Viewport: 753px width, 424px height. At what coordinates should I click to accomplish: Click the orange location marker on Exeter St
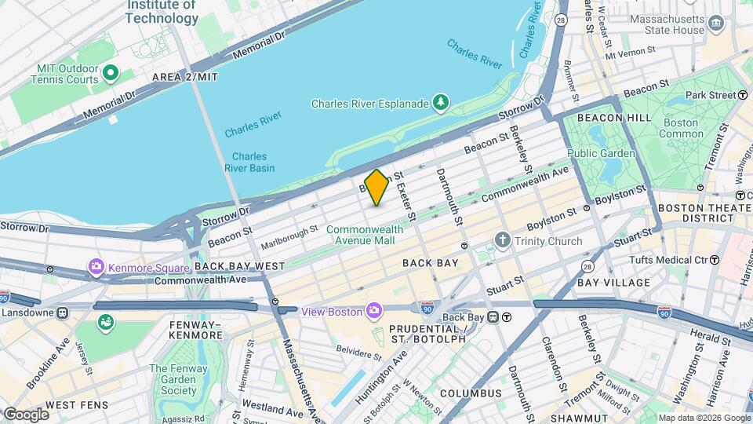pyautogui.click(x=376, y=188)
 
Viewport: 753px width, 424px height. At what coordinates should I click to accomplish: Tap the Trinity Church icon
pyautogui.click(x=503, y=240)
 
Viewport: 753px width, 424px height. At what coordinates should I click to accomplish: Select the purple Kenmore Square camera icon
pyautogui.click(x=97, y=267)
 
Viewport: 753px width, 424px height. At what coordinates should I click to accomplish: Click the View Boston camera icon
pyautogui.click(x=374, y=312)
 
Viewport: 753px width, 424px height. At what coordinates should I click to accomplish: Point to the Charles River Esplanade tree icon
pyautogui.click(x=442, y=103)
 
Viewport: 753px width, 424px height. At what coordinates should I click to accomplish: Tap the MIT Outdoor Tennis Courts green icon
pyautogui.click(x=111, y=74)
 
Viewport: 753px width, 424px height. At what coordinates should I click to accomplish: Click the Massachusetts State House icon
pyautogui.click(x=715, y=23)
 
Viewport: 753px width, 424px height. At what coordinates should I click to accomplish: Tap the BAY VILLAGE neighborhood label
pyautogui.click(x=613, y=282)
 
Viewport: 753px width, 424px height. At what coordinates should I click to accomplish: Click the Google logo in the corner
pyautogui.click(x=26, y=414)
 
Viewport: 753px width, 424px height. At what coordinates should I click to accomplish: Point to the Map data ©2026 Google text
pyautogui.click(x=704, y=418)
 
